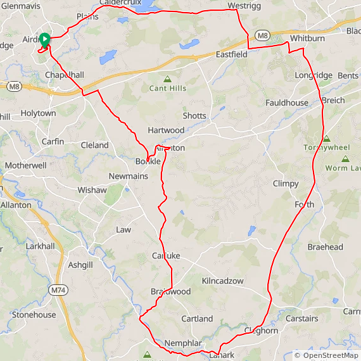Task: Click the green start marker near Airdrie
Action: [45, 39]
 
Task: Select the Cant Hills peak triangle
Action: [168, 79]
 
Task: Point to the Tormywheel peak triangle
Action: [327, 139]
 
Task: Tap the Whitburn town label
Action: [308, 39]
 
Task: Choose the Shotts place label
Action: [194, 116]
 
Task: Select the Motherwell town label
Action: [25, 165]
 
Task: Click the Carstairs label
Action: [301, 319]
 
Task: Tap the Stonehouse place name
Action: [34, 315]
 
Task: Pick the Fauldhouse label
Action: [287, 103]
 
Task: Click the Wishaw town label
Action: [92, 190]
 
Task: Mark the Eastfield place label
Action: [231, 54]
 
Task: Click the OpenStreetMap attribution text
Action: [326, 355]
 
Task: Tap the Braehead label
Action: [325, 247]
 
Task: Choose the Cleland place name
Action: [95, 145]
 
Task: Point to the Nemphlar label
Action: [183, 343]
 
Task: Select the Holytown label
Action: [38, 113]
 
